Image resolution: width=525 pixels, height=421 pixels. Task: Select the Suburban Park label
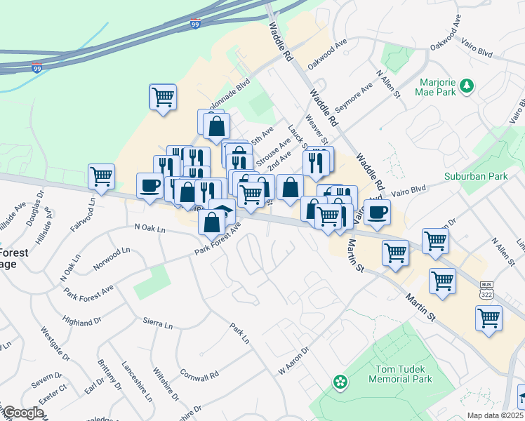(475, 177)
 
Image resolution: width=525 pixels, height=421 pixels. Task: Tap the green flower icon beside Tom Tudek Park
(340, 382)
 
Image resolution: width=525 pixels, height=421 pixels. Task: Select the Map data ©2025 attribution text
(495, 415)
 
